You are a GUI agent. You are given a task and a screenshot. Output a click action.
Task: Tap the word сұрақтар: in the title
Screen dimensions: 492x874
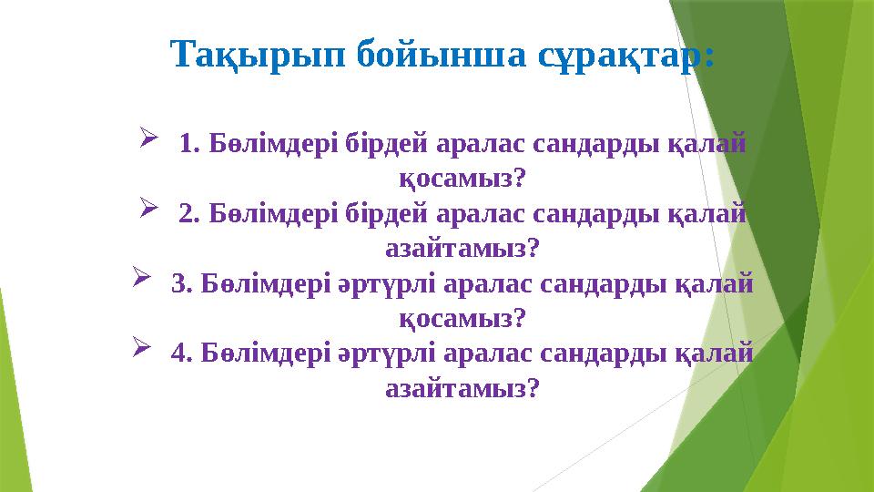pyautogui.click(x=612, y=55)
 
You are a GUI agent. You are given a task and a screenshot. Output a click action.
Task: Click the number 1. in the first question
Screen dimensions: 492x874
pyautogui.click(x=190, y=144)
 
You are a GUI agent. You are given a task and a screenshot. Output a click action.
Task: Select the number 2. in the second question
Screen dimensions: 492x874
pyautogui.click(x=190, y=214)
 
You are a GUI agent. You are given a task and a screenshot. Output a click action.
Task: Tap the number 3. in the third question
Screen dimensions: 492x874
pyautogui.click(x=181, y=284)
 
